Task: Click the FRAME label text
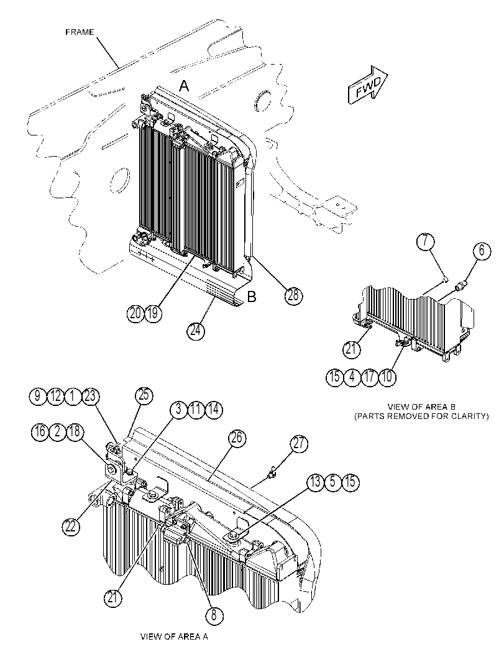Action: pos(80,32)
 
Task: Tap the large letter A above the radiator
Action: pos(185,86)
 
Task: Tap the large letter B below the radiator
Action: pos(251,297)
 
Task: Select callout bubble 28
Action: pos(294,295)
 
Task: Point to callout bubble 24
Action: pos(195,331)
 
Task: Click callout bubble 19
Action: pos(153,313)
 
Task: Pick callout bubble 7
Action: pos(426,242)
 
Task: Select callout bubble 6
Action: pos(482,251)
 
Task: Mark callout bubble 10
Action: pos(387,377)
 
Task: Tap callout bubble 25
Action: pos(144,395)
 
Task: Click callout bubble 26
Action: pos(237,438)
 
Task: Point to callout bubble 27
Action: pos(299,444)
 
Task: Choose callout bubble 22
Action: pos(71,526)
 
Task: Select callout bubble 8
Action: pos(214,615)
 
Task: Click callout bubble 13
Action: pos(316,482)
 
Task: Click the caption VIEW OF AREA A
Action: pos(174,637)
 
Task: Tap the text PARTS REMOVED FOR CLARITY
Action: pos(421,416)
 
